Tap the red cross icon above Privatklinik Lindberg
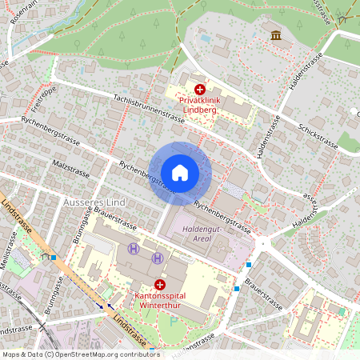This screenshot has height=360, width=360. [x=200, y=90]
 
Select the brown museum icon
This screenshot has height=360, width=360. [x=276, y=36]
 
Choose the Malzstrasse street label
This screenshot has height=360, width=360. [x=70, y=170]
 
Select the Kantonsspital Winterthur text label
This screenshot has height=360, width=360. [x=159, y=300]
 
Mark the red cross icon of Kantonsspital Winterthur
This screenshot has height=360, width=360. [x=160, y=284]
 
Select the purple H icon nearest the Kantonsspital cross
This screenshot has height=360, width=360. [x=158, y=258]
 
